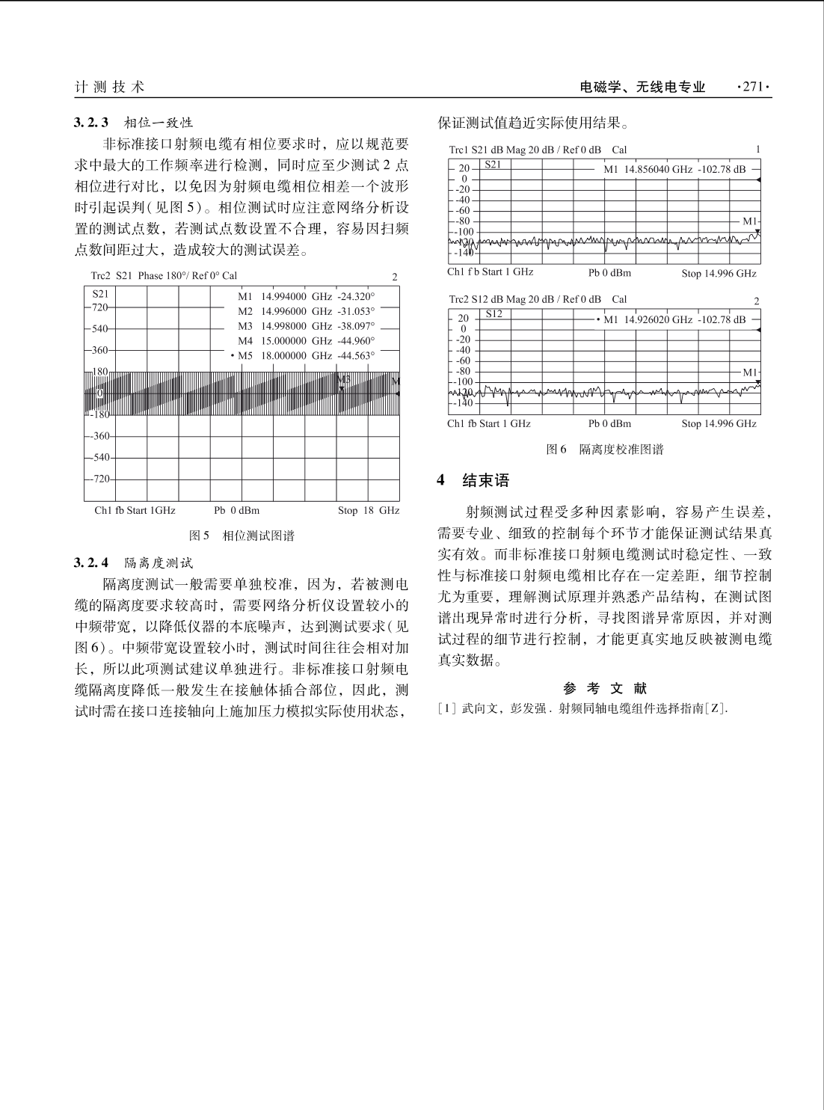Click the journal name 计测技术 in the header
tap(109, 87)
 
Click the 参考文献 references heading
tap(605, 688)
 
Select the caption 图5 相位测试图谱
tap(242, 536)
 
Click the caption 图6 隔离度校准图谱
tap(605, 450)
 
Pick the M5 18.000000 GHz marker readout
tap(306, 356)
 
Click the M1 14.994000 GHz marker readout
tap(306, 295)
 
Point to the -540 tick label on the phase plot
tap(99, 457)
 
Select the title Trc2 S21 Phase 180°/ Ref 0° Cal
tap(164, 276)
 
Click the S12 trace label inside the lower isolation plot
tap(494, 313)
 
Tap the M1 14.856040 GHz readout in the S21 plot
tap(674, 169)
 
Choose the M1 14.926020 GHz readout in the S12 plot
tap(674, 319)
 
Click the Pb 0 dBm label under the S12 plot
tap(609, 424)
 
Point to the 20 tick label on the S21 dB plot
tap(464, 169)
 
